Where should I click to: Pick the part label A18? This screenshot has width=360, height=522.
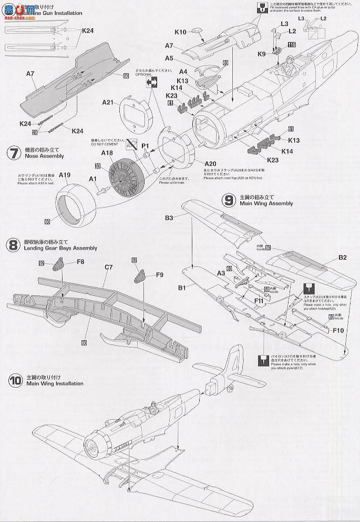click(x=107, y=152)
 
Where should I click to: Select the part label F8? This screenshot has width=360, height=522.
click(x=80, y=262)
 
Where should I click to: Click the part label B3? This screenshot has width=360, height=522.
click(x=169, y=216)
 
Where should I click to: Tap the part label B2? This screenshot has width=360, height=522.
click(x=342, y=257)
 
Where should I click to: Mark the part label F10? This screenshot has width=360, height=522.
click(x=338, y=331)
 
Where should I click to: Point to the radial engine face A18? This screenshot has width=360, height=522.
click(x=126, y=176)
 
